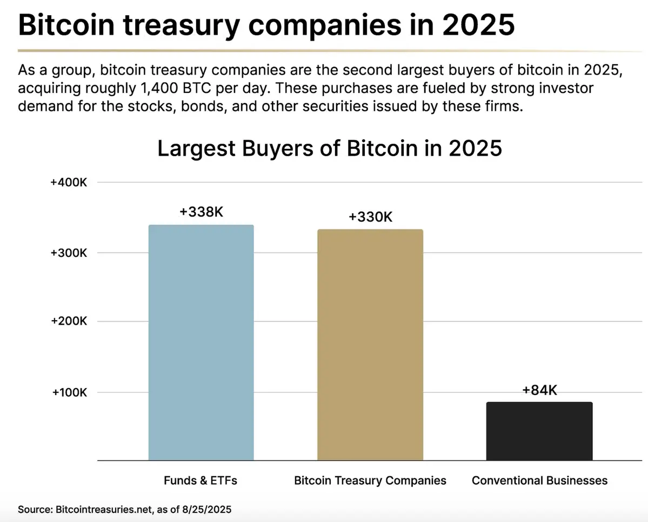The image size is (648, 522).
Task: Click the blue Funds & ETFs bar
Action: click(201, 342)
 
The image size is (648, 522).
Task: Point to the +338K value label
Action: click(201, 212)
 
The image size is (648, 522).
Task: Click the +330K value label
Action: click(370, 217)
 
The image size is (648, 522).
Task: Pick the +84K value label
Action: click(539, 390)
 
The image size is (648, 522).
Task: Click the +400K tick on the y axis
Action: click(69, 183)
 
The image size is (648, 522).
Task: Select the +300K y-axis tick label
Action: click(69, 253)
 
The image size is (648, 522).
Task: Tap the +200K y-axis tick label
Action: click(69, 322)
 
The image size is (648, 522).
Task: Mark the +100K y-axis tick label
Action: click(69, 392)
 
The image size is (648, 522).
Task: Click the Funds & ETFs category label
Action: click(201, 480)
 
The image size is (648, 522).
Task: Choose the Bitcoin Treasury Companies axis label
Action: click(370, 480)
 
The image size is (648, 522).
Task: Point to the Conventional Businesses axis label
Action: click(539, 480)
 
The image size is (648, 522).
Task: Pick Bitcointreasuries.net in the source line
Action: click(100, 509)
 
